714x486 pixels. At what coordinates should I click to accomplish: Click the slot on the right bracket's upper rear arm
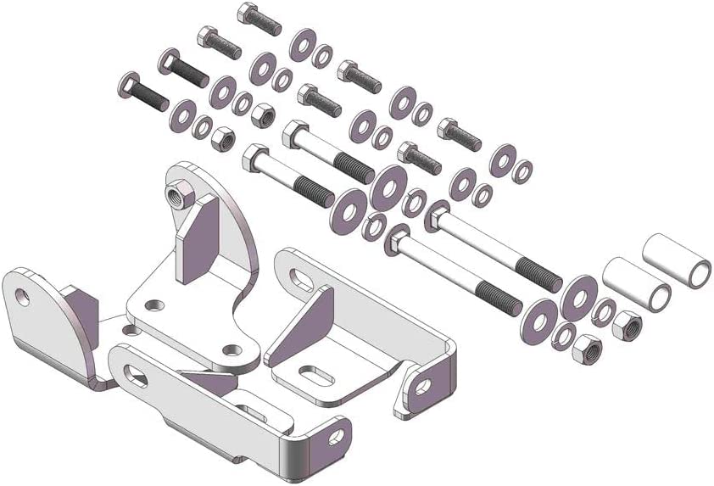304,277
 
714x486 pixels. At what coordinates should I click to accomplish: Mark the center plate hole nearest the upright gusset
153,304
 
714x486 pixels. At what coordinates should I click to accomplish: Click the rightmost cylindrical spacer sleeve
676,260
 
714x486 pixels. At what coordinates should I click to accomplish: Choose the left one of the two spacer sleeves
637,284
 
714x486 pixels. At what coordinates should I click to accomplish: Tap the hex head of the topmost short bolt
247,12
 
